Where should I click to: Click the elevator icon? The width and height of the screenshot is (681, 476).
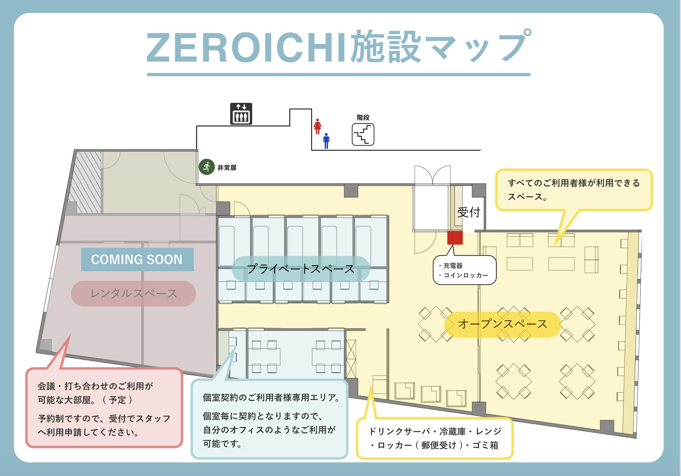coord(241,113)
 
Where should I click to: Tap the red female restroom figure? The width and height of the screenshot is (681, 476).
coord(317,127)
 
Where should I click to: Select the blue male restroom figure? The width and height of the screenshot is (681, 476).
coord(326,141)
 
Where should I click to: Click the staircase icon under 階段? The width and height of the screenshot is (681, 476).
coord(363,134)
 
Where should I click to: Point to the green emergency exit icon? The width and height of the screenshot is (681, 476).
coord(207,167)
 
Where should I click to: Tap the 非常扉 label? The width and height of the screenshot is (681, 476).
coord(227,168)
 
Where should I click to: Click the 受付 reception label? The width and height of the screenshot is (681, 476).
coord(469,212)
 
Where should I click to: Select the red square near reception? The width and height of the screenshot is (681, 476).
coord(455,238)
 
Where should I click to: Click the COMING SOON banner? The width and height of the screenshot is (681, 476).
coord(137,259)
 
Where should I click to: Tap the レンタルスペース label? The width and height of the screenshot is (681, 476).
coord(133,294)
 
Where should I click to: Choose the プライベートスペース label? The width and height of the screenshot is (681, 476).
coord(301,269)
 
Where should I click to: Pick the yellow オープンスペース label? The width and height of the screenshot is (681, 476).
coord(503,324)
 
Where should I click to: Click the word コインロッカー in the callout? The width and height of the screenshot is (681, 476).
coord(466,275)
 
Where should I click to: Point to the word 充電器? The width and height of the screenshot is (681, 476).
coord(453,265)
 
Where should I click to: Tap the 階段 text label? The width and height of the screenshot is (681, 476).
coord(363,118)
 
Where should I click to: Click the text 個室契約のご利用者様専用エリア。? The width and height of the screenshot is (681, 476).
coord(271,398)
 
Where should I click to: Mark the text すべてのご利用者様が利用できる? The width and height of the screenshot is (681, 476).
coord(574,183)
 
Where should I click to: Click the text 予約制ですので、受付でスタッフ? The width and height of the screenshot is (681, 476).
coord(104,418)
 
